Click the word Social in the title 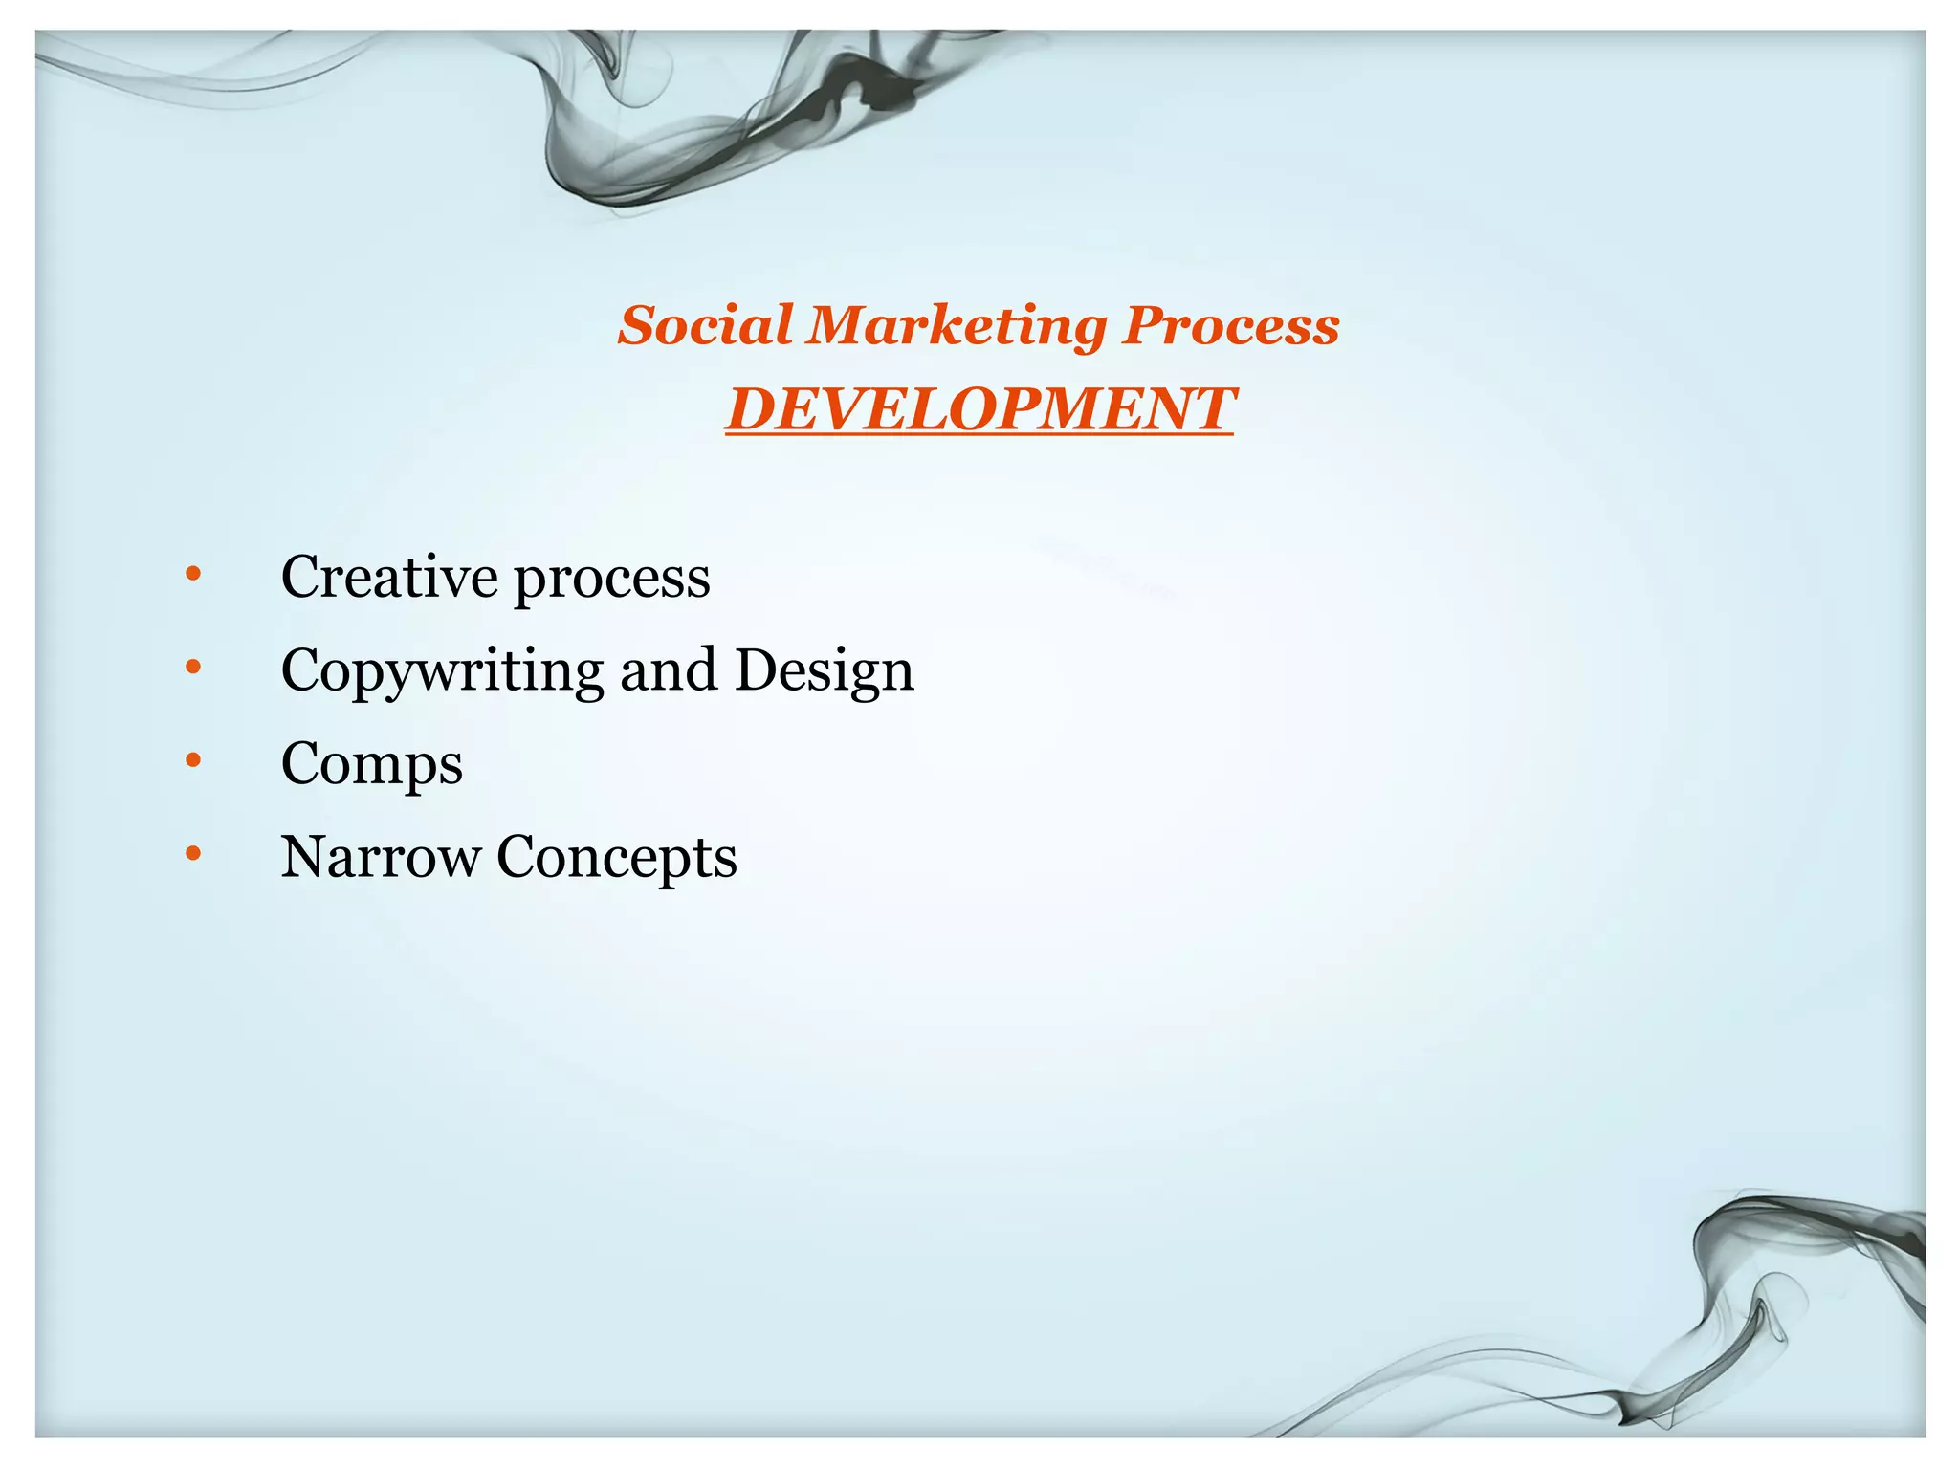(x=704, y=325)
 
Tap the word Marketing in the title (x=957, y=327)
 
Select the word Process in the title (x=1231, y=325)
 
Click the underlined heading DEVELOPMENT (x=979, y=409)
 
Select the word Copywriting (x=442, y=671)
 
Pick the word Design (x=825, y=671)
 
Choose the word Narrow (x=380, y=856)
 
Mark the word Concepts (x=617, y=858)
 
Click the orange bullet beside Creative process (x=194, y=574)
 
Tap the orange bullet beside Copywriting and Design (x=194, y=667)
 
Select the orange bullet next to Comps (x=194, y=760)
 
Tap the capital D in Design (x=755, y=669)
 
